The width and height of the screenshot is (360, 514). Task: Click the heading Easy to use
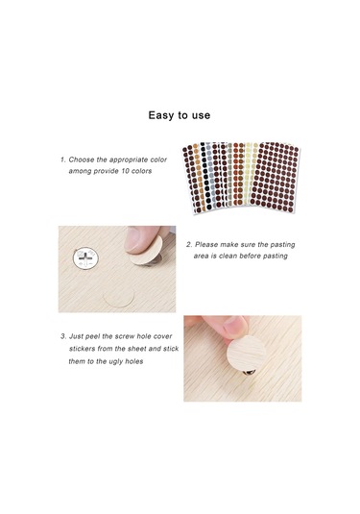click(x=180, y=115)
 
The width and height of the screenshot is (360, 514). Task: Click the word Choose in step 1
click(x=82, y=159)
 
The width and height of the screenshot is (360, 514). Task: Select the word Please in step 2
click(x=206, y=245)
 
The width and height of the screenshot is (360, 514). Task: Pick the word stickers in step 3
click(x=82, y=349)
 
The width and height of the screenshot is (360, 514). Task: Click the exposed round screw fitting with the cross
click(x=85, y=257)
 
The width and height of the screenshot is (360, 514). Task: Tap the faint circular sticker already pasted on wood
click(x=119, y=297)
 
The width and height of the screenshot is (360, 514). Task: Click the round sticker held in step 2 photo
click(x=148, y=251)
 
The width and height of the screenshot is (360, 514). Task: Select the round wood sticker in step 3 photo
click(x=246, y=354)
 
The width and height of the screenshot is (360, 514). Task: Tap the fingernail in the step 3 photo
click(x=235, y=325)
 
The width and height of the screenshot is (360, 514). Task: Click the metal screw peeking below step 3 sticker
click(x=250, y=372)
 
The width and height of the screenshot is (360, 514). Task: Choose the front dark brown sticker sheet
click(x=275, y=177)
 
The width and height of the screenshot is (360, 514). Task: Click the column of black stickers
click(x=205, y=178)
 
